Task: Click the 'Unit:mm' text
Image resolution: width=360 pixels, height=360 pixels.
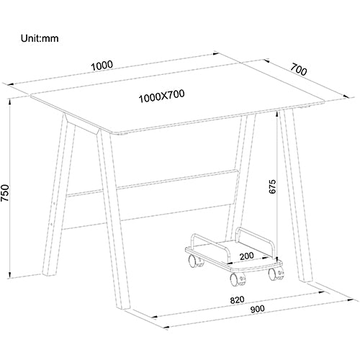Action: tap(40, 38)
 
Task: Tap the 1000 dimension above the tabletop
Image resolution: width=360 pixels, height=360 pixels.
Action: tap(102, 66)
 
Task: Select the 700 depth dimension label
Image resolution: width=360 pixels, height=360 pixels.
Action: tap(299, 70)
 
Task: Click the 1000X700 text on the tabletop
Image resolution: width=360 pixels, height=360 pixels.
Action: tap(162, 96)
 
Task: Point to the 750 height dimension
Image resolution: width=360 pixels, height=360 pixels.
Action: tap(5, 193)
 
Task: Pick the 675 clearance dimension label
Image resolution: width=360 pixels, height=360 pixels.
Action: tap(273, 186)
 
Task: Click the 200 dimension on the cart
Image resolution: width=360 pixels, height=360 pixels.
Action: tap(247, 256)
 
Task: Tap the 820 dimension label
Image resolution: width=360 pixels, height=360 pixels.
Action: tap(237, 300)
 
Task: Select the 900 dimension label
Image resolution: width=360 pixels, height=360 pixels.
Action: tap(257, 309)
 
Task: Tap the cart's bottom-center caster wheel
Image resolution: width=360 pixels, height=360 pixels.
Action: tap(238, 279)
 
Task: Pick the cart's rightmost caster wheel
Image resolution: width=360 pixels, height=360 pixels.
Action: tap(276, 274)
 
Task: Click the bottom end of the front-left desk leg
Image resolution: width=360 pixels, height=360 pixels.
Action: tap(123, 307)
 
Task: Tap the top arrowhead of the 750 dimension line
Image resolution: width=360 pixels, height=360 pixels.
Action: tap(9, 102)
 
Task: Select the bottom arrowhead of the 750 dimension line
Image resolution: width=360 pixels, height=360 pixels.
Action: tap(9, 275)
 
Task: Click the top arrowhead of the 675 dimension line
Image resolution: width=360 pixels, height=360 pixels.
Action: tap(277, 114)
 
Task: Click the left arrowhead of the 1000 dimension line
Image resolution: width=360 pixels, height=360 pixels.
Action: tap(11, 84)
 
